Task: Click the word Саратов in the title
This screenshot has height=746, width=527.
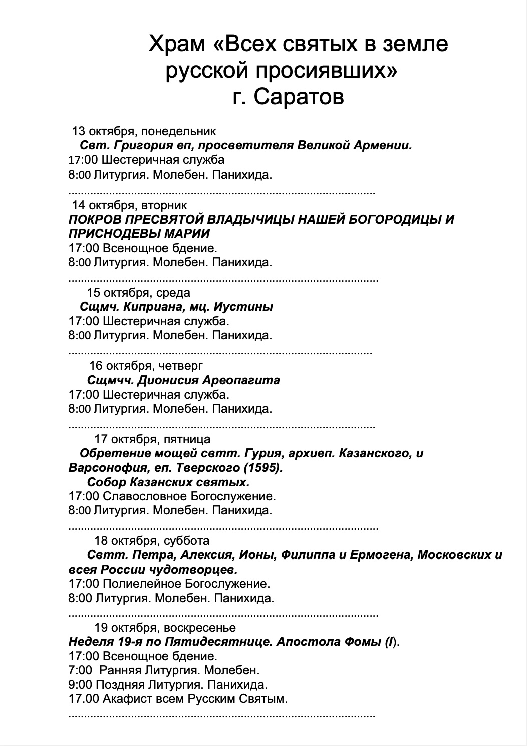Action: coord(299,97)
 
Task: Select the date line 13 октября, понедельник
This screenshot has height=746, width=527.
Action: coord(144,131)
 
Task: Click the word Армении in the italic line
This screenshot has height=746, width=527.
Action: coord(386,146)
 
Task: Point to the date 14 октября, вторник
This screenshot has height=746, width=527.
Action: coord(130,205)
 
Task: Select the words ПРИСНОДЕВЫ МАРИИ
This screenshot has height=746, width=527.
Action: coord(139,233)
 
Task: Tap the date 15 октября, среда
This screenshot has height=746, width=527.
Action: coord(139,292)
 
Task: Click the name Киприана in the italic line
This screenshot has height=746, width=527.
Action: coord(148,307)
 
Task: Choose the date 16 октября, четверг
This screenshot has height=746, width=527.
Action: coord(146,365)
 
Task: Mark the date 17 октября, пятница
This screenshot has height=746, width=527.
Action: coord(152,439)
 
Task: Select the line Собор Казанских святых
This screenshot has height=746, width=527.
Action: coord(168,483)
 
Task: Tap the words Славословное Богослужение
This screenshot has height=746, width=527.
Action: coord(189,497)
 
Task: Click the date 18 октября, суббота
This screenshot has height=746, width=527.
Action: coord(152,541)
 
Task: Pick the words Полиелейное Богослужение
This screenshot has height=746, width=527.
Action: coord(186,584)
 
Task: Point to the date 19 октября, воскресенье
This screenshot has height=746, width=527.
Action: coord(165,628)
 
